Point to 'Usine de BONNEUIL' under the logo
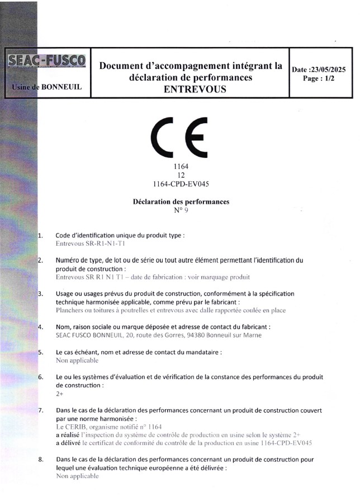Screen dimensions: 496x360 pos(46,87)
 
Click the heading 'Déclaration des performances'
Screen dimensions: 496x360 pos(181,202)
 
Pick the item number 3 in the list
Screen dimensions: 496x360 pos(40,293)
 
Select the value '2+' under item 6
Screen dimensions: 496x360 pos(60,394)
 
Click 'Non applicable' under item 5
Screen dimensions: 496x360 pos(77,361)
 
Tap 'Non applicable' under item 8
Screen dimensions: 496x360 pos(77,476)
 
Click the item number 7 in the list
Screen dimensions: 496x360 pos(40,410)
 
